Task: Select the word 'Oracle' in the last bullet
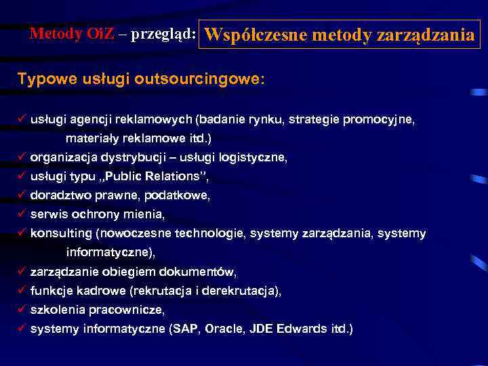[x=224, y=329]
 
